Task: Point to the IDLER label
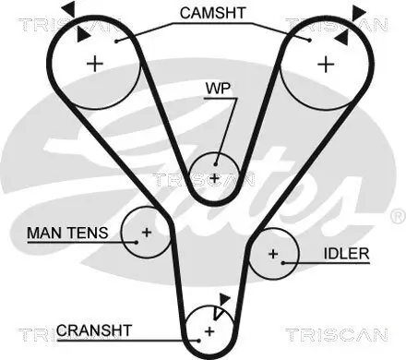[346, 254]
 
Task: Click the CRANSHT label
[94, 330]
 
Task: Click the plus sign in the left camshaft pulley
[93, 63]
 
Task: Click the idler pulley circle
[273, 253]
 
